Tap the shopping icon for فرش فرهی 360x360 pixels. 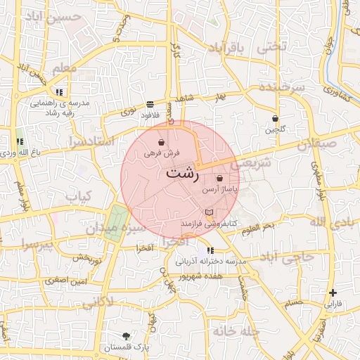pyautogui.click(x=162, y=142)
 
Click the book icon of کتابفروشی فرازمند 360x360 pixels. pyautogui.click(x=208, y=212)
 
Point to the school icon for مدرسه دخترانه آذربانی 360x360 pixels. pyautogui.click(x=210, y=251)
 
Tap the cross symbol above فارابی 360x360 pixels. pyautogui.click(x=333, y=292)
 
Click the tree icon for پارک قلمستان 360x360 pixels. pyautogui.click(x=126, y=336)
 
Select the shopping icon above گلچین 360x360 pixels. pyautogui.click(x=275, y=119)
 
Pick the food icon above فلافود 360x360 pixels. pyautogui.click(x=150, y=104)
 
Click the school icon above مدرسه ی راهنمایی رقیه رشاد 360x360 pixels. pyautogui.click(x=59, y=91)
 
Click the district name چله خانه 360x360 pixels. pyautogui.click(x=236, y=330)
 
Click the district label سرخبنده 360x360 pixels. pyautogui.click(x=281, y=86)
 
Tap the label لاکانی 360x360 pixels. pyautogui.click(x=97, y=303)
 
